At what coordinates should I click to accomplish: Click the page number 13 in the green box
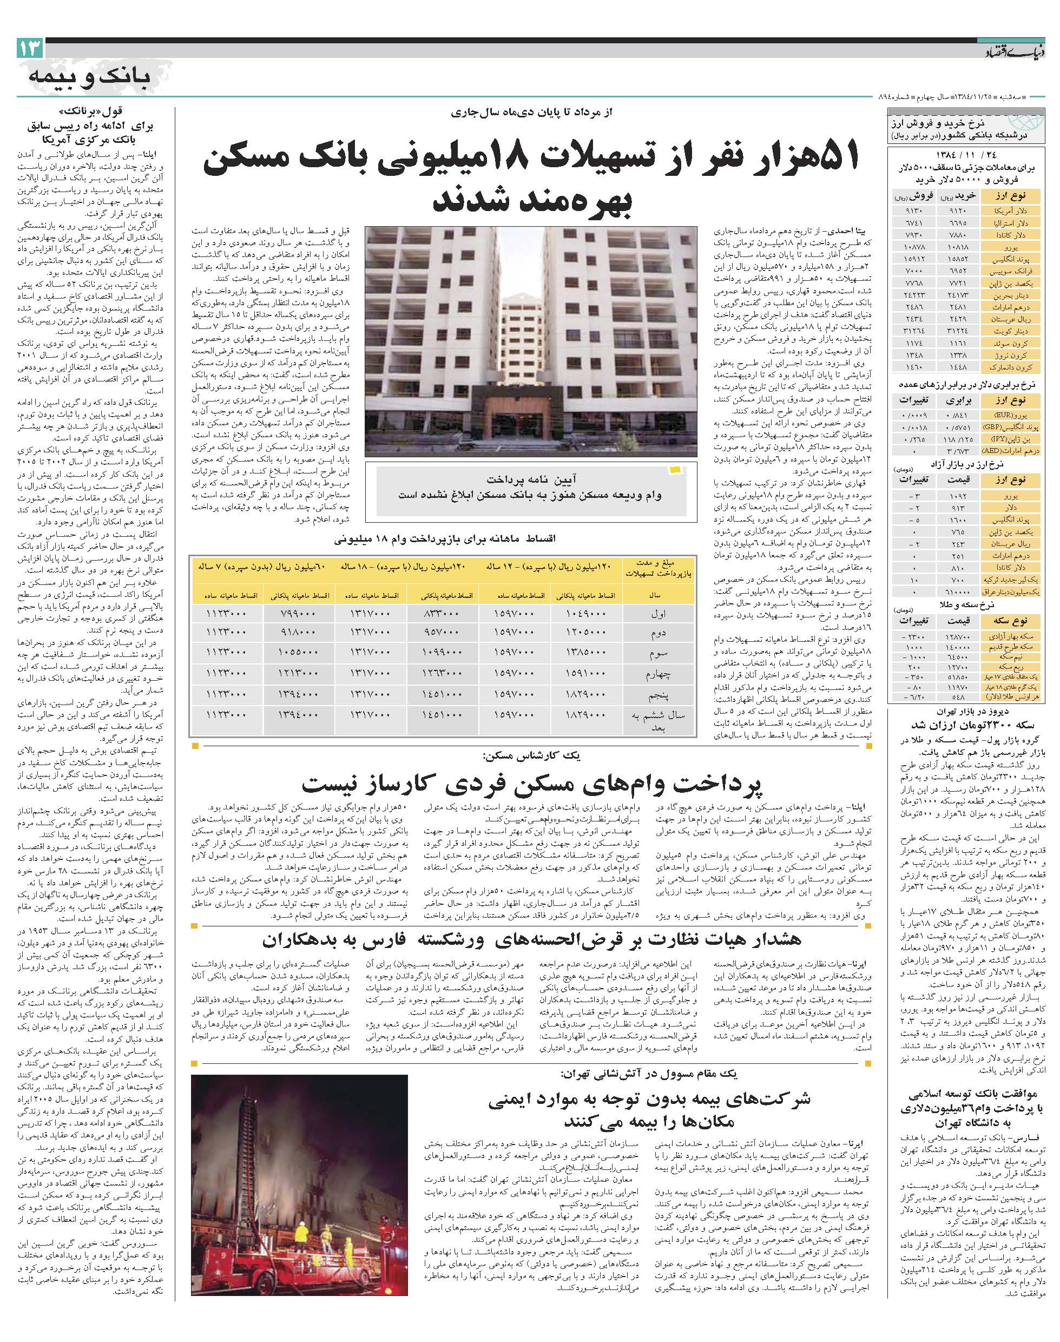(31, 48)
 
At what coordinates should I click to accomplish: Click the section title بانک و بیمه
(89, 77)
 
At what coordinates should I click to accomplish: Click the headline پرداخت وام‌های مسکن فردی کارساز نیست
(533, 785)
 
